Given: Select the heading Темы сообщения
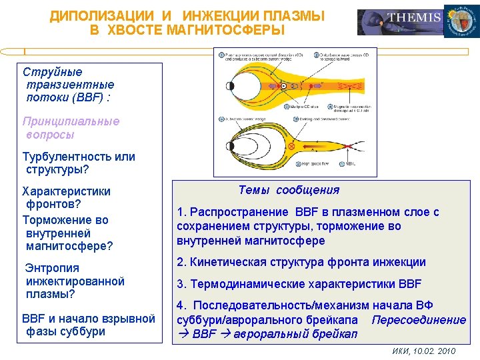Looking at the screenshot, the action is pyautogui.click(x=289, y=190).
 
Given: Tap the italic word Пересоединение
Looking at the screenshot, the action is pyautogui.click(x=419, y=319).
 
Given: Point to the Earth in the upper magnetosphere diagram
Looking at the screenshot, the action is pyautogui.click(x=232, y=86).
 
